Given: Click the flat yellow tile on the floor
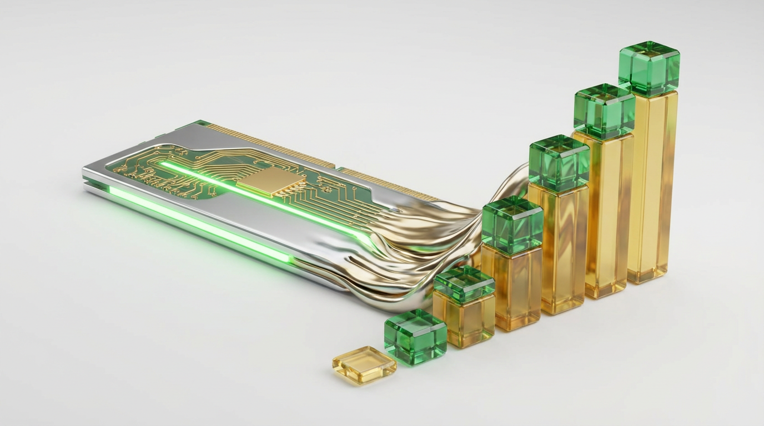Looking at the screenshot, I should (364, 364).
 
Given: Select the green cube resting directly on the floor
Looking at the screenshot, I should (415, 337).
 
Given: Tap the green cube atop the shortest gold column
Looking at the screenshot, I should (464, 284).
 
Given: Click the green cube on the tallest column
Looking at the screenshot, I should (649, 68).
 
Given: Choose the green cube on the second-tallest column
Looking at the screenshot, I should (604, 111).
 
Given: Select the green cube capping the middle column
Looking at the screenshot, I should (559, 163).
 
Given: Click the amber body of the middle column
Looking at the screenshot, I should (558, 250).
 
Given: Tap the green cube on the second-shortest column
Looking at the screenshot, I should (512, 224).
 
